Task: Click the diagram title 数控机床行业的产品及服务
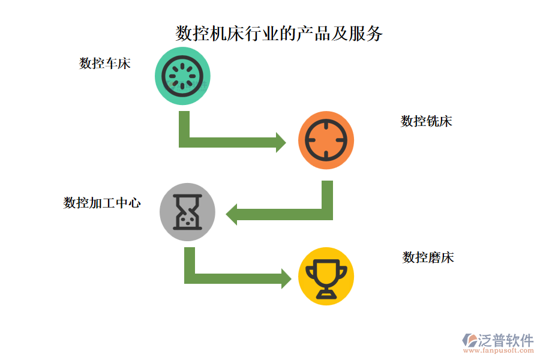coord(279,34)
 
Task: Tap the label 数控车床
coord(104,64)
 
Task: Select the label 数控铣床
coord(427,121)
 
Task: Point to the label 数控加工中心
coord(102,203)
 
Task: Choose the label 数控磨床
coord(428,257)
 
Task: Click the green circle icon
coord(182,76)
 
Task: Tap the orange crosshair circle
coord(326,140)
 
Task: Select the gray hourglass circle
coord(187,212)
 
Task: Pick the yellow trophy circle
coord(326,276)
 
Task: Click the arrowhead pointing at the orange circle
coord(281,142)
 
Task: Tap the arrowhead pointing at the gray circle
coord(232,214)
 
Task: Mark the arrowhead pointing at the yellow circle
coord(287,278)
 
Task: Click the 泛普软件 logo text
coord(506,340)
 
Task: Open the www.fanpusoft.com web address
coord(499,350)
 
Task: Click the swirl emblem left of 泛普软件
coord(469,340)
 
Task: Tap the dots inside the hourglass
coord(188,220)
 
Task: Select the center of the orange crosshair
coord(326,140)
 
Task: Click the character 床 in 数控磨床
coord(448,257)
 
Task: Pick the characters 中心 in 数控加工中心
coord(128,203)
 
